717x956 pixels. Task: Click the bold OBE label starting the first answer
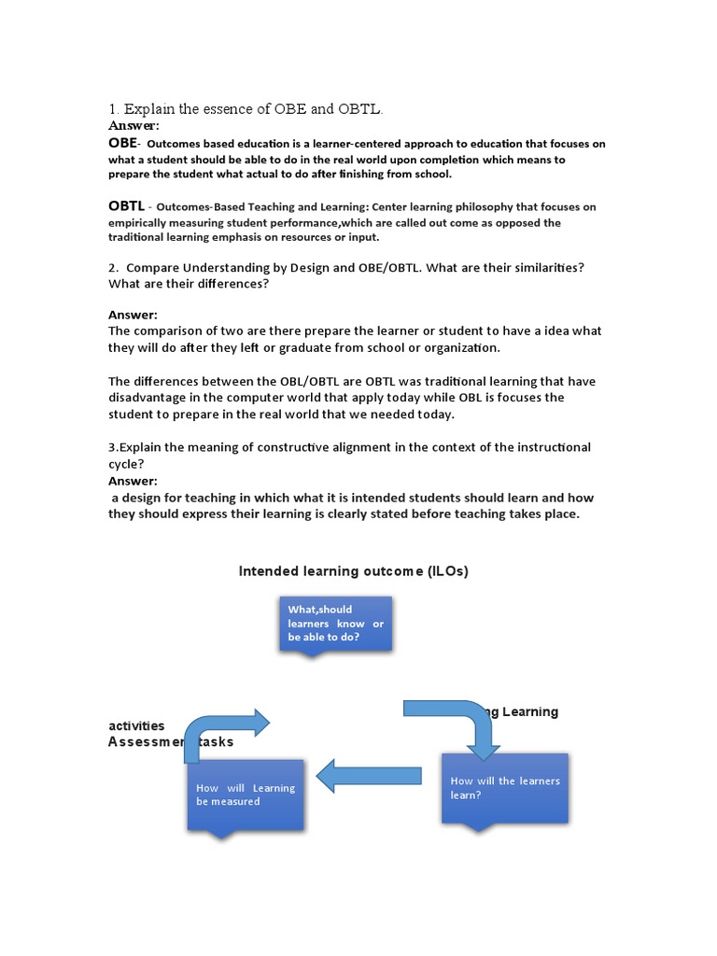pyautogui.click(x=122, y=143)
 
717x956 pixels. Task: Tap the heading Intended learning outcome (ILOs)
pyautogui.click(x=354, y=571)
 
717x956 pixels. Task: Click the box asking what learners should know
pyautogui.click(x=335, y=623)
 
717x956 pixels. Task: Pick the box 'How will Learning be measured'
pyautogui.click(x=246, y=794)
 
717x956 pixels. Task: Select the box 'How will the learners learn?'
pyautogui.click(x=505, y=787)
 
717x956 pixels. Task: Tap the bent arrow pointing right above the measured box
pyautogui.click(x=224, y=728)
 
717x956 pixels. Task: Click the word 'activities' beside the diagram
pyautogui.click(x=136, y=725)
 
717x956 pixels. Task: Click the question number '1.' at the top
pyautogui.click(x=115, y=109)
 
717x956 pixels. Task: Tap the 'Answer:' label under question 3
pyautogui.click(x=133, y=481)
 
